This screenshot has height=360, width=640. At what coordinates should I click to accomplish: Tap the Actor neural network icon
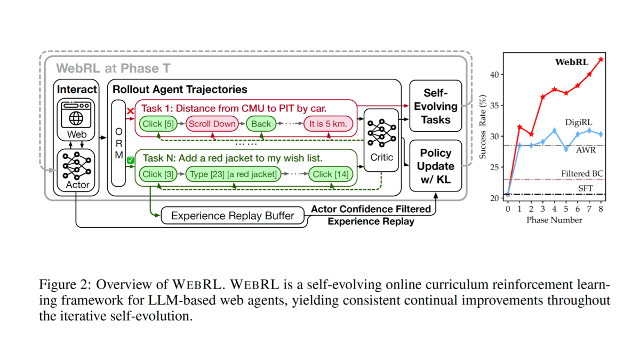(x=76, y=166)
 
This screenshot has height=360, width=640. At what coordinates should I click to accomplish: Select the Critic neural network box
(x=381, y=139)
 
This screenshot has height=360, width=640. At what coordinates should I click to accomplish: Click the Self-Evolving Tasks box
(x=435, y=106)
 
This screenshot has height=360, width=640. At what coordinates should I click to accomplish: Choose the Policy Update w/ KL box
(x=435, y=166)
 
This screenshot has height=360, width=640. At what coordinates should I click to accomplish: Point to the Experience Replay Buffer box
(x=233, y=215)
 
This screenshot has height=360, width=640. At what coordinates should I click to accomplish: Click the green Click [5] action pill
(x=158, y=124)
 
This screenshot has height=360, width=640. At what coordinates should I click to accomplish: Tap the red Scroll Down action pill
(x=212, y=124)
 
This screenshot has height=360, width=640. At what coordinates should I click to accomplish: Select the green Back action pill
(x=261, y=124)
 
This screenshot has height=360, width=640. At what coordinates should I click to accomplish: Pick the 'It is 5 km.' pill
(x=329, y=124)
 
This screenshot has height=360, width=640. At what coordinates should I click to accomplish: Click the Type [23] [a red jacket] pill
(x=233, y=174)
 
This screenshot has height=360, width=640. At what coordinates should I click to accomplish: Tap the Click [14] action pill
(x=330, y=174)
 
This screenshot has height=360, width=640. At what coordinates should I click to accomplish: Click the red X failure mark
(x=130, y=111)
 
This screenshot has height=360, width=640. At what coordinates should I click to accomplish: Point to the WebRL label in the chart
(x=572, y=62)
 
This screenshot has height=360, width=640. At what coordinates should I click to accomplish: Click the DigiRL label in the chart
(x=579, y=123)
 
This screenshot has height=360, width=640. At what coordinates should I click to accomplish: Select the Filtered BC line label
(x=582, y=174)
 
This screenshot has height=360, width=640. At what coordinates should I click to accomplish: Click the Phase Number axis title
(x=555, y=220)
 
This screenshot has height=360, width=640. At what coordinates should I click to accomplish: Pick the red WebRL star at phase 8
(x=602, y=59)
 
